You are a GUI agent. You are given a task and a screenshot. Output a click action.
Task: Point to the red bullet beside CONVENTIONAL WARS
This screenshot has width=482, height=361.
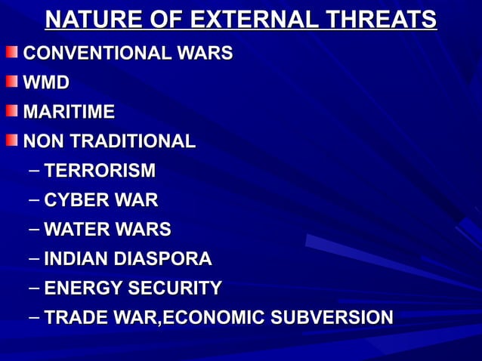coord(11,53)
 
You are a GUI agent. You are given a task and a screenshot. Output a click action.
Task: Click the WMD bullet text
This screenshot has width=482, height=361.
coord(46,83)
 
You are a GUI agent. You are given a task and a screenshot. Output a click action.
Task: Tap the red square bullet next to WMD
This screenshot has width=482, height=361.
coord(11,82)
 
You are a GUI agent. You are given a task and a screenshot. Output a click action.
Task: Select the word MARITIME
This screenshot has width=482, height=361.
coord(69,113)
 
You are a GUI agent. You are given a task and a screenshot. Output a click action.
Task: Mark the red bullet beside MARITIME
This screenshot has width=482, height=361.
coord(11,111)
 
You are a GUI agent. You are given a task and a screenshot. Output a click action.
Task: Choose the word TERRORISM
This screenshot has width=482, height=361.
coord(100,171)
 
